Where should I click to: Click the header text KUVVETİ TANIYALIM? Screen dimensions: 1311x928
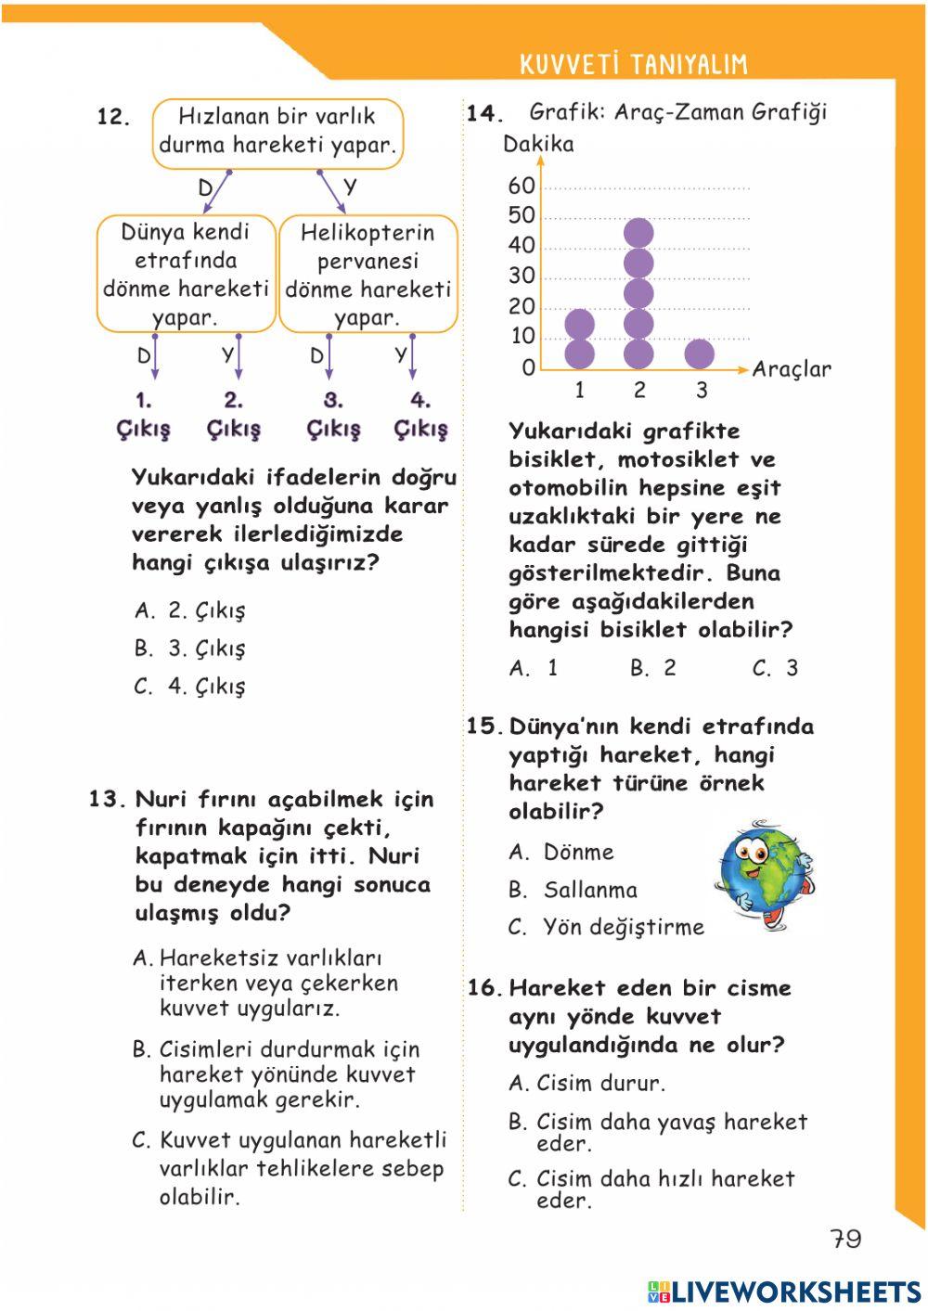[633, 64]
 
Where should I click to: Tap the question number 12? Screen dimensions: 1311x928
[112, 117]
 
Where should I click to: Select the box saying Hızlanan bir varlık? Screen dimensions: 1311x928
[277, 132]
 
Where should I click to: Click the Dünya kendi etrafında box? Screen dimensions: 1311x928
[186, 275]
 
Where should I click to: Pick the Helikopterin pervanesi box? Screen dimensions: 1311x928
[367, 275]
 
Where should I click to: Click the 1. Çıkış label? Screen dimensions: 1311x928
[144, 416]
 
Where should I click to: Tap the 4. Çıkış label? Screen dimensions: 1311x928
[420, 416]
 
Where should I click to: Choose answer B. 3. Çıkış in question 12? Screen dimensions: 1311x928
[190, 649]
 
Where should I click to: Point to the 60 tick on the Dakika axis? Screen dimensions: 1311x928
[522, 186]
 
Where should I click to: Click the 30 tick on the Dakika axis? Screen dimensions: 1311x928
[522, 276]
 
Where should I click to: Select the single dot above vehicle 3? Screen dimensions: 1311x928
[699, 353]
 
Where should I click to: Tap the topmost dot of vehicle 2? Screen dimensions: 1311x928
[638, 233]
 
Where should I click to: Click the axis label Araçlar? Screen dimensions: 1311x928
[791, 369]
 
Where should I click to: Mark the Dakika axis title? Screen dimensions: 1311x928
[538, 145]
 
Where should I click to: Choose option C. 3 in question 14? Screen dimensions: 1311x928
[776, 668]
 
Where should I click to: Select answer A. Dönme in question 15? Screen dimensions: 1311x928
[561, 852]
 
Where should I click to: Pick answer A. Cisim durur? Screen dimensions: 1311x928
[586, 1084]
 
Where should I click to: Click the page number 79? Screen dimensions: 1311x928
[845, 1239]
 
